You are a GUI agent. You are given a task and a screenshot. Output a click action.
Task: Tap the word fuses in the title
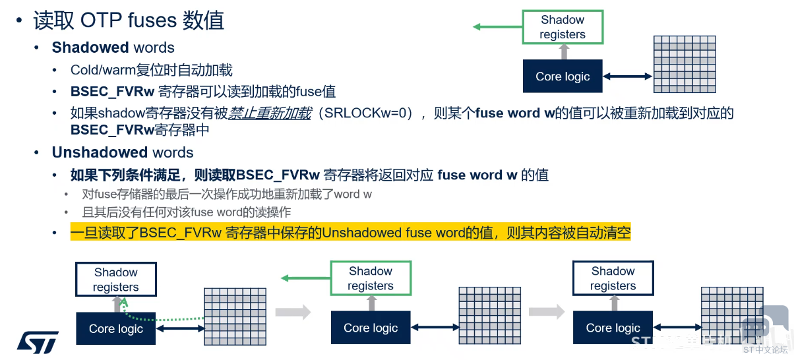pyautogui.click(x=152, y=20)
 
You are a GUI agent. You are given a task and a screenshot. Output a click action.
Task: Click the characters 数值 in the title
pyautogui.click(x=204, y=20)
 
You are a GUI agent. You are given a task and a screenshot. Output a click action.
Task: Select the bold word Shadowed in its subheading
pyautogui.click(x=90, y=47)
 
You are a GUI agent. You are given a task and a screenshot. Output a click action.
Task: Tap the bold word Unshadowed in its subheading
pyautogui.click(x=100, y=152)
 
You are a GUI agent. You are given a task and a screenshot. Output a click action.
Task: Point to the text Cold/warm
pyautogui.click(x=103, y=70)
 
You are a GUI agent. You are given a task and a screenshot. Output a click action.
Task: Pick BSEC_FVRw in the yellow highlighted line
pyautogui.click(x=181, y=233)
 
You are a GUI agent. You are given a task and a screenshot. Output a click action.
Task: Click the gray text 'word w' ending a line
pyautogui.click(x=353, y=194)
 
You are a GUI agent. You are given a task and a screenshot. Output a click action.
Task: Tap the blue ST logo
pyautogui.click(x=38, y=342)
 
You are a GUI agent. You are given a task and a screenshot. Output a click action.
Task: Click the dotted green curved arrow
pyautogui.click(x=156, y=316)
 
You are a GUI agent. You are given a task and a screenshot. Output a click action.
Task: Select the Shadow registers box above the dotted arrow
pyautogui.click(x=116, y=279)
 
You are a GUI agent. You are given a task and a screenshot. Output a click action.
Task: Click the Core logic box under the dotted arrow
pyautogui.click(x=116, y=328)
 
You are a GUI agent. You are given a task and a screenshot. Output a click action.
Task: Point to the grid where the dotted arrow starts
pyautogui.click(x=235, y=316)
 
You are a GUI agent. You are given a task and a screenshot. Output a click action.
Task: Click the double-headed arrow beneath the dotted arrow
pyautogui.click(x=180, y=329)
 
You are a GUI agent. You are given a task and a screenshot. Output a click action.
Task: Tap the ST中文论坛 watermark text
pyautogui.click(x=765, y=350)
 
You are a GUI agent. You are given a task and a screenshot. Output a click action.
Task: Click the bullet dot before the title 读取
pyautogui.click(x=19, y=20)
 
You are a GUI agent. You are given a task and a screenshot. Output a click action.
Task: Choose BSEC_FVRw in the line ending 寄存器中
pyautogui.click(x=112, y=130)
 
